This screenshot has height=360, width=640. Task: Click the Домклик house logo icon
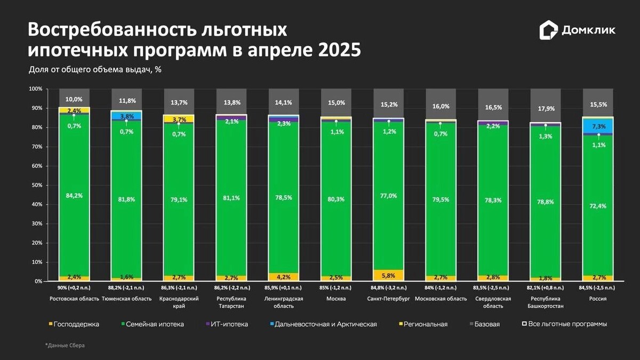pos(548,30)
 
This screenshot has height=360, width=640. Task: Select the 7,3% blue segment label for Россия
pos(598,126)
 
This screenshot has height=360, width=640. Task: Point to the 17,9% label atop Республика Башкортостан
pos(546,108)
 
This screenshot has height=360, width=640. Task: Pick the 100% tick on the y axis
pos(35,89)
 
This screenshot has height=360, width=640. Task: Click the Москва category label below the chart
pos(336,299)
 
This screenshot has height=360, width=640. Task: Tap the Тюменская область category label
pos(126,299)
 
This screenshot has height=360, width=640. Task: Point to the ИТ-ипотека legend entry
pos(229,324)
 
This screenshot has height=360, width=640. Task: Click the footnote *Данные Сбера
pos(65,346)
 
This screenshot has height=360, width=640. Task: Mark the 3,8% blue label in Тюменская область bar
pos(126,116)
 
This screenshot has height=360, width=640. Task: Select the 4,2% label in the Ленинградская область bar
pos(284,276)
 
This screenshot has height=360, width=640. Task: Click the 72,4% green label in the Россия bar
pos(598,206)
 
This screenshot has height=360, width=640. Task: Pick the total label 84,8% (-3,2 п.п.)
pos(388,287)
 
